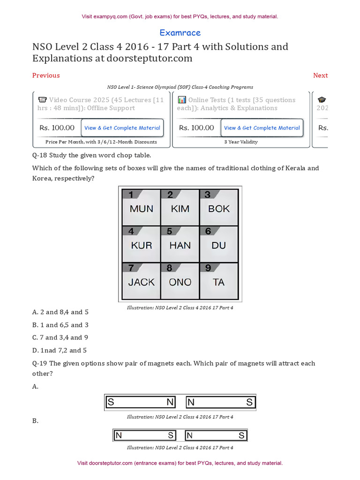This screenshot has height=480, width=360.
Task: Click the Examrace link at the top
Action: [180, 33]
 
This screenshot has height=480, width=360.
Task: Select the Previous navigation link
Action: [46, 75]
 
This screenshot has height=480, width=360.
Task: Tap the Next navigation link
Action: [320, 75]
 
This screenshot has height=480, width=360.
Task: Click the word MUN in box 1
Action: [141, 209]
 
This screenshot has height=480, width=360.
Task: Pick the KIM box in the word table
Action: [180, 209]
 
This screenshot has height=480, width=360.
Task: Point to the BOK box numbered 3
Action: [219, 209]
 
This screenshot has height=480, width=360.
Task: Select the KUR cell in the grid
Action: [141, 245]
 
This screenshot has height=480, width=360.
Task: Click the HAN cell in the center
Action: [180, 245]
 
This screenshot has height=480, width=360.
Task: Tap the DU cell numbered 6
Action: [219, 245]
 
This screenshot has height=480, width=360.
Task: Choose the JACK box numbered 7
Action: [141, 282]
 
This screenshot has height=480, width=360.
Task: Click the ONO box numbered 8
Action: [180, 282]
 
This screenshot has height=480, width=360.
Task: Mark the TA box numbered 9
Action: [219, 282]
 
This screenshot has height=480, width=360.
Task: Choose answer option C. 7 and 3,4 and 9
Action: [60, 337]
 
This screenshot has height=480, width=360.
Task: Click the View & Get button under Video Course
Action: [122, 128]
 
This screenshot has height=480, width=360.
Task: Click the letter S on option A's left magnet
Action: [111, 402]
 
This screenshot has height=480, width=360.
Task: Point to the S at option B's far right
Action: [242, 435]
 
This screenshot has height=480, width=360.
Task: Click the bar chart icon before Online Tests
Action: [182, 100]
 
